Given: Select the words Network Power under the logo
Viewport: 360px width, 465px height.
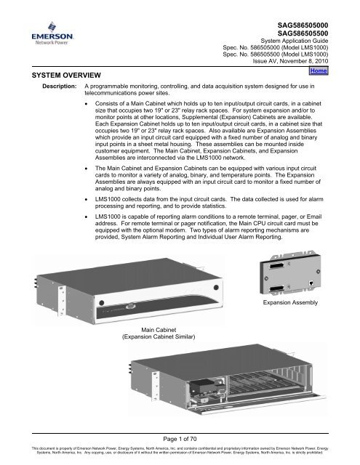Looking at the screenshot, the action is [x=31, y=43].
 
